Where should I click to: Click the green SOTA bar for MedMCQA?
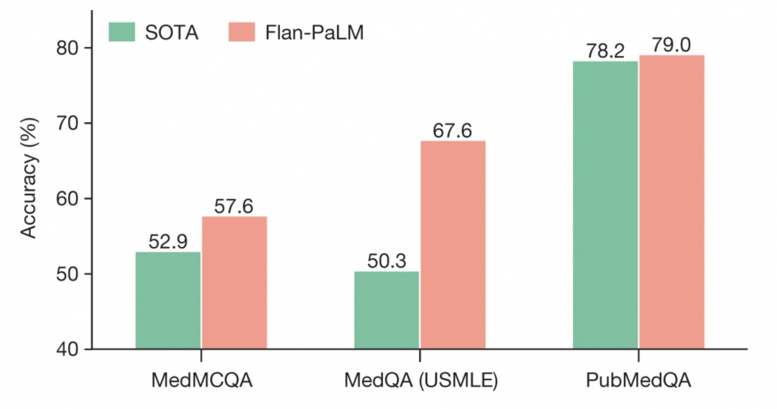point(168,301)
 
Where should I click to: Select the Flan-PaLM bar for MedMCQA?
point(234,283)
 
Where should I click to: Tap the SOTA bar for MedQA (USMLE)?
point(386,311)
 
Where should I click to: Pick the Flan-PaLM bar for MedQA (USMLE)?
point(453,246)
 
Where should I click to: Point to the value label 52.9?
point(168,242)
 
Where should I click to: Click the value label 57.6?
point(234,207)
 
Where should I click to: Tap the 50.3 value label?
point(386,261)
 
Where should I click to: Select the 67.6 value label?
point(453,131)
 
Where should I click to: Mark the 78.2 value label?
point(605,51)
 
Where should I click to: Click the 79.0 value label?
point(671,46)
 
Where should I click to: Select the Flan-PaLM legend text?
point(314,32)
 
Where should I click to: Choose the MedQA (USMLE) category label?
point(420,381)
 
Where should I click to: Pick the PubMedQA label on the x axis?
point(639,381)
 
